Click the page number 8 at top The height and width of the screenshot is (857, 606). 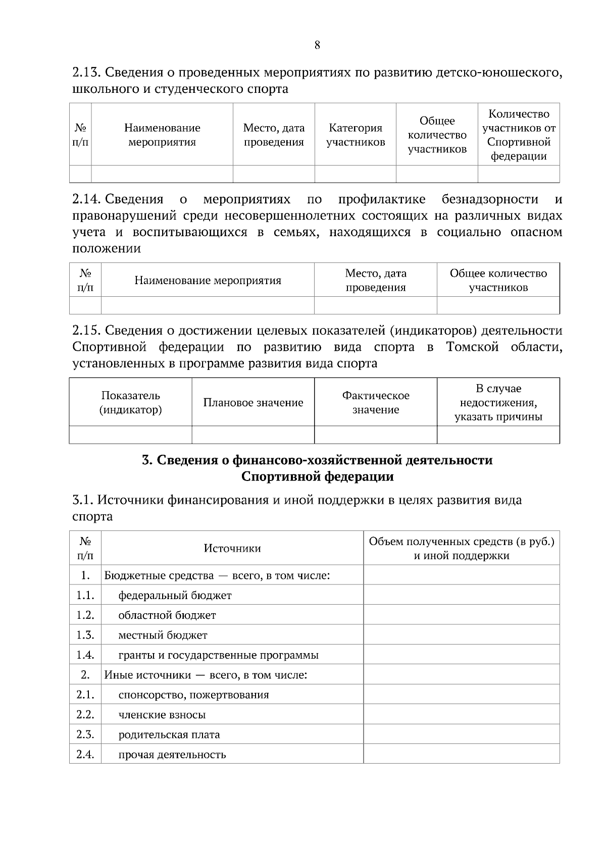[x=317, y=45]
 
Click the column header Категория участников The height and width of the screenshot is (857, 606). [x=356, y=135]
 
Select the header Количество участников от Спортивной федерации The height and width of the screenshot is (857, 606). [x=519, y=135]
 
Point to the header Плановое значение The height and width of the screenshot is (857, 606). [x=253, y=403]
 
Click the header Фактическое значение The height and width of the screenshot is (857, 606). [x=376, y=403]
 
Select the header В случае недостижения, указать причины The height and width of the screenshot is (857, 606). [x=498, y=403]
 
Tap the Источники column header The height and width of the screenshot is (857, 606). [x=232, y=549]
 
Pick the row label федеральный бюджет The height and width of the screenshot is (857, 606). [x=175, y=596]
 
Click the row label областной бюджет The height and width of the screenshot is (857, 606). [x=167, y=615]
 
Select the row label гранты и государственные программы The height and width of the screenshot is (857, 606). [x=218, y=655]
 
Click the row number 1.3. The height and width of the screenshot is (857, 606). [x=85, y=635]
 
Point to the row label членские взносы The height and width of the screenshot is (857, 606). [x=162, y=715]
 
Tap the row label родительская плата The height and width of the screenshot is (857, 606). [x=169, y=734]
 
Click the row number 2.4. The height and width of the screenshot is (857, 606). [x=85, y=755]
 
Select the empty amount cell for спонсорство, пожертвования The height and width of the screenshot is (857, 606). [x=461, y=694]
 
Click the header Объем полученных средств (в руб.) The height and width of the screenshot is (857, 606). [x=461, y=542]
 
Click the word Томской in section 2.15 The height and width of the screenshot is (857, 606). [x=472, y=347]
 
